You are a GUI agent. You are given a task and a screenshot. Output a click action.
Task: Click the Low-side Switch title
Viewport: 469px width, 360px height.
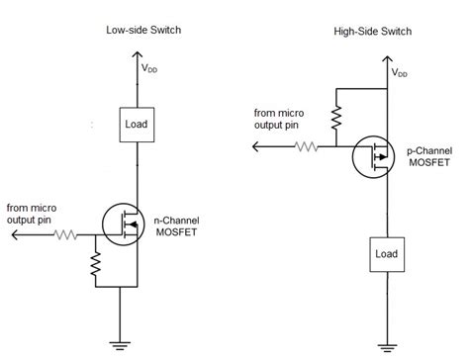143,31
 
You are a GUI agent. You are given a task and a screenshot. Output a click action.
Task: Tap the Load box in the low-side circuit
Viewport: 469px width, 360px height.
136,124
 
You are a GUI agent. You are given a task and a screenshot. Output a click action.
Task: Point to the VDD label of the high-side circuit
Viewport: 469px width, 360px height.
399,72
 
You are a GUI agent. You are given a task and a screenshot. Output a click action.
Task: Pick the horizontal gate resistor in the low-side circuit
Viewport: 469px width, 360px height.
66,235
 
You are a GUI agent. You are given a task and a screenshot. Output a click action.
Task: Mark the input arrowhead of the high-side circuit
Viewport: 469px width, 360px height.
257,147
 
